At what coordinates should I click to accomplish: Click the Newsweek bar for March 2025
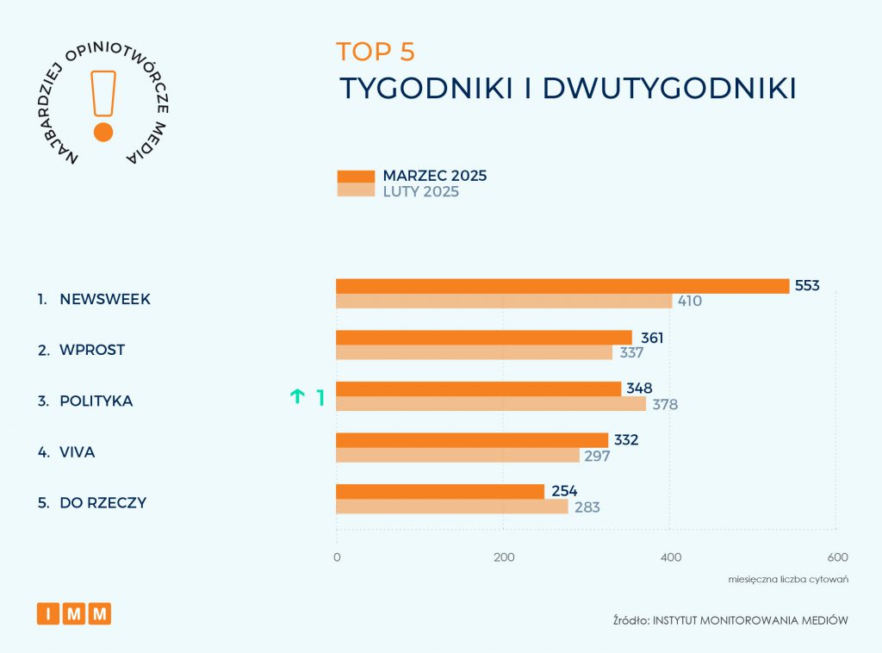(562, 286)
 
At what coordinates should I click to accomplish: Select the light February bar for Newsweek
(504, 302)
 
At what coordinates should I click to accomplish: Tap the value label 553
(807, 286)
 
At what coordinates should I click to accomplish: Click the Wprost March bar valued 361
(483, 338)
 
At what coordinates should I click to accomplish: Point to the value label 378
(665, 404)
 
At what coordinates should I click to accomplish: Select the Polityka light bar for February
(490, 404)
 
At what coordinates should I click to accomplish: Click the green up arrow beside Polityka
(297, 397)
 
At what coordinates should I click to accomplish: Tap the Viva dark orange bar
(471, 440)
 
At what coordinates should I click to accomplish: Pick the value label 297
(596, 456)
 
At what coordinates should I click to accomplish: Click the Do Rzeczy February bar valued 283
(451, 507)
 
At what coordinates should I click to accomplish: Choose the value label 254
(564, 492)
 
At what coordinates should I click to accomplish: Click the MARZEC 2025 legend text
(434, 176)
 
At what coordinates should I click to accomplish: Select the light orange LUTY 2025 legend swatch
(355, 191)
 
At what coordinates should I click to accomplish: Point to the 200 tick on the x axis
(504, 557)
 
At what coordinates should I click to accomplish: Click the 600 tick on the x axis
(837, 557)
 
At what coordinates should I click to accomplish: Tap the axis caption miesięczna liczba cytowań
(788, 579)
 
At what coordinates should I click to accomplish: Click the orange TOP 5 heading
(376, 52)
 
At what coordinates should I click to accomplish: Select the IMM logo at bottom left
(74, 614)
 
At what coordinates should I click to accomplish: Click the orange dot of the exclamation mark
(103, 132)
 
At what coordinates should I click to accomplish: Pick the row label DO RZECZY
(102, 503)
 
